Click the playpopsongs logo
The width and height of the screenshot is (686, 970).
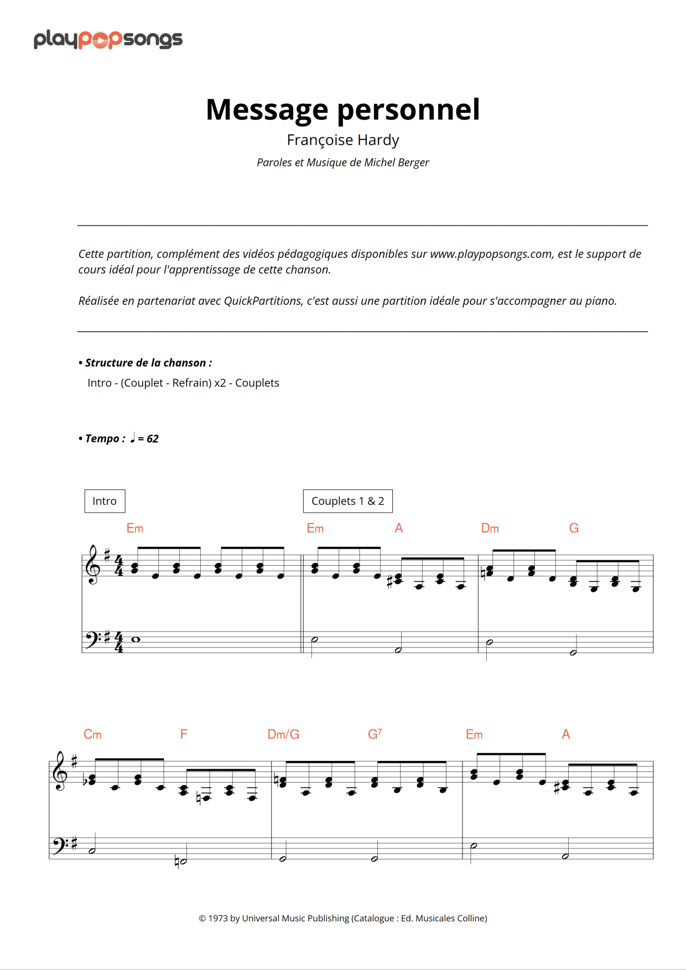pyautogui.click(x=108, y=39)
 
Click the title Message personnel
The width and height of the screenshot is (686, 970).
pyautogui.click(x=342, y=109)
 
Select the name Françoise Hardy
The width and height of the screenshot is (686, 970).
pyautogui.click(x=342, y=140)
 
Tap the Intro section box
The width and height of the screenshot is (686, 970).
pyautogui.click(x=105, y=501)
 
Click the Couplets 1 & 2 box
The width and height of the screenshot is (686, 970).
pyautogui.click(x=347, y=501)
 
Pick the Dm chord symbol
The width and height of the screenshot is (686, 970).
pyautogui.click(x=490, y=528)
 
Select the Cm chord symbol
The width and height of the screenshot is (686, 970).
pyautogui.click(x=92, y=734)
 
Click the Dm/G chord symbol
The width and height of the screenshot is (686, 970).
pyautogui.click(x=283, y=734)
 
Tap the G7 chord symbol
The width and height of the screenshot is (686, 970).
pyautogui.click(x=375, y=734)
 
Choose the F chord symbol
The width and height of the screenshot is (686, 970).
pyautogui.click(x=184, y=734)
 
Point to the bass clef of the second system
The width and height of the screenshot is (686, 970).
pyautogui.click(x=58, y=845)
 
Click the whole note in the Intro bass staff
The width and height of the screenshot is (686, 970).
pyautogui.click(x=136, y=639)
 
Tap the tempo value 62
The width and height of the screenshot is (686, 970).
pyautogui.click(x=152, y=439)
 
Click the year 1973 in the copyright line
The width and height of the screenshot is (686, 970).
pyautogui.click(x=218, y=918)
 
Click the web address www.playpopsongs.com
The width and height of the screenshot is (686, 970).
pyautogui.click(x=491, y=254)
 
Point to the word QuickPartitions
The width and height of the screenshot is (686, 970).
pyautogui.click(x=263, y=301)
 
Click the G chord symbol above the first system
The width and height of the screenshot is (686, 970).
pyautogui.click(x=574, y=528)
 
